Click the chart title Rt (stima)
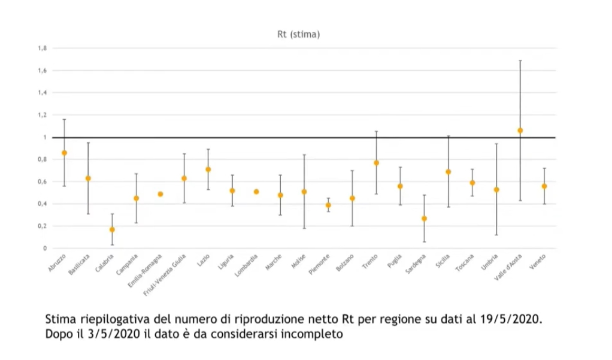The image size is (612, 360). [298, 35]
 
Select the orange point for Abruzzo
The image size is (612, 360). [64, 153]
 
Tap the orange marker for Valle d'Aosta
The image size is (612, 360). [520, 130]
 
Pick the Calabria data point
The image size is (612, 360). [112, 229]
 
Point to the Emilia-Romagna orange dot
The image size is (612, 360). [160, 194]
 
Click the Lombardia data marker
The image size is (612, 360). [256, 192]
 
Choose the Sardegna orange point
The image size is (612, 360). [424, 219]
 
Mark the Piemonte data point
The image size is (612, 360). [328, 205]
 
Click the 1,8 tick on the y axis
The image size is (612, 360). [43, 48]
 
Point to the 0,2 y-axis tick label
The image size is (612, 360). [43, 226]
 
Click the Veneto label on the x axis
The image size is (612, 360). [538, 262]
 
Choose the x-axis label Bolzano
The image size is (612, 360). [346, 263]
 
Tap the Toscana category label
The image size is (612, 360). [465, 263]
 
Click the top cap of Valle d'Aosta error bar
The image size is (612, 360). [520, 60]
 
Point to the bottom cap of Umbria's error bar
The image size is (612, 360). [496, 235]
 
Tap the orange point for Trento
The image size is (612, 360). [376, 163]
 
